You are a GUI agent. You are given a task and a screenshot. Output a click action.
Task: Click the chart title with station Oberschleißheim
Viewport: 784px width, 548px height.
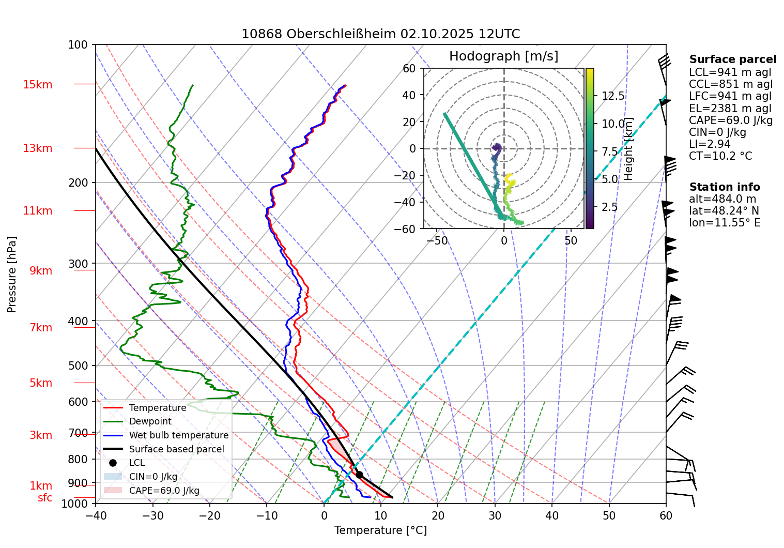click(x=380, y=34)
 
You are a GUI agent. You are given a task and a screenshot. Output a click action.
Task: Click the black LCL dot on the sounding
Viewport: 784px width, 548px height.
click(x=359, y=475)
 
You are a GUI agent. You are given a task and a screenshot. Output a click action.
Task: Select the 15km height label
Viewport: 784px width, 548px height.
click(x=37, y=85)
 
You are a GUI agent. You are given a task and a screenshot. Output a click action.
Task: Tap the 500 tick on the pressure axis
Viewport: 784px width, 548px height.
click(x=78, y=366)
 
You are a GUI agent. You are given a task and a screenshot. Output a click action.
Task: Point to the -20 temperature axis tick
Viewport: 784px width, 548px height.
click(x=210, y=515)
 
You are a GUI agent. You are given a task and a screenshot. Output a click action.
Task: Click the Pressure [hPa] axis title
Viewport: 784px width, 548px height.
click(x=12, y=275)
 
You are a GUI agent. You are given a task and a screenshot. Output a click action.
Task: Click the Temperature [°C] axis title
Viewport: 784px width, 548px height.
click(x=380, y=530)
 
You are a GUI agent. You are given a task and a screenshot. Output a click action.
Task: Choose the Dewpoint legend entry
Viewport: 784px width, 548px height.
click(x=150, y=421)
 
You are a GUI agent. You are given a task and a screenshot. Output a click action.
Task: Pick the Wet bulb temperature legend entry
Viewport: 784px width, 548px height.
click(x=178, y=435)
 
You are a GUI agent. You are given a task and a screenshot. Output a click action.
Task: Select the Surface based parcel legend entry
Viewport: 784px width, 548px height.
click(x=176, y=449)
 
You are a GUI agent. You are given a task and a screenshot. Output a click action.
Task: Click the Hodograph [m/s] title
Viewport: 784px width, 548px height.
click(x=503, y=56)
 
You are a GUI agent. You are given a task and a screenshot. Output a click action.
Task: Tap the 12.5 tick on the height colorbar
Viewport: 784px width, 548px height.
click(x=613, y=96)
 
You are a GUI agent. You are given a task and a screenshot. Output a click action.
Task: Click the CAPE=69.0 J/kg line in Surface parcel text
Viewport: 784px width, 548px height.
click(x=731, y=120)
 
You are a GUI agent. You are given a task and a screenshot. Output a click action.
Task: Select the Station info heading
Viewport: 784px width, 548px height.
click(x=725, y=187)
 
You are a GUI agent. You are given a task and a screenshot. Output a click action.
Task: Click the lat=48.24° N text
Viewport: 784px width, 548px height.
click(x=724, y=211)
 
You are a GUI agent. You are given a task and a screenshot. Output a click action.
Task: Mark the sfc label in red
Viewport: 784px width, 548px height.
click(x=45, y=498)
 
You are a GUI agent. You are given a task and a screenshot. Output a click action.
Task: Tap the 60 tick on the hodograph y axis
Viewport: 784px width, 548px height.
click(x=409, y=68)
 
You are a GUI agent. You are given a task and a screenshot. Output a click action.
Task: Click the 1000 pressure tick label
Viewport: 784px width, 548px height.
click(x=75, y=504)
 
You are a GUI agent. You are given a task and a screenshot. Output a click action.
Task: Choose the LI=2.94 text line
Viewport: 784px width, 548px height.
click(x=710, y=144)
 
